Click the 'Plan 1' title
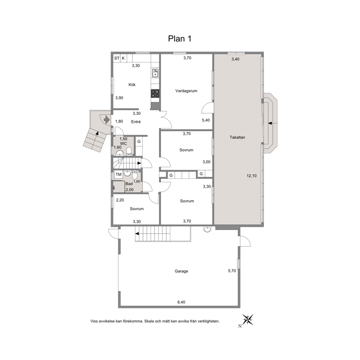point(180,38)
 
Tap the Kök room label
point(132,85)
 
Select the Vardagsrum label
point(186,91)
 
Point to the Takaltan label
point(237,137)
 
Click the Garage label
point(181,271)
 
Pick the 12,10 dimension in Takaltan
point(251,176)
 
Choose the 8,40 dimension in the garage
point(181,302)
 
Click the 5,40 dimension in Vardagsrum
point(206,120)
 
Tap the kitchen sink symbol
point(155,73)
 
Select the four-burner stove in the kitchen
point(155,94)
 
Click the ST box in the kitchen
point(116,58)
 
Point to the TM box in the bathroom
point(118,175)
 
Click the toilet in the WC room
point(129,151)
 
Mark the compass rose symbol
point(248,320)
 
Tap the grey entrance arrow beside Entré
point(107,119)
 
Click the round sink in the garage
point(208,229)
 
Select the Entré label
point(136,122)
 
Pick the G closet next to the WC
point(139,142)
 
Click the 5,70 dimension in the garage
point(232,271)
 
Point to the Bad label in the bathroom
point(129,184)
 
